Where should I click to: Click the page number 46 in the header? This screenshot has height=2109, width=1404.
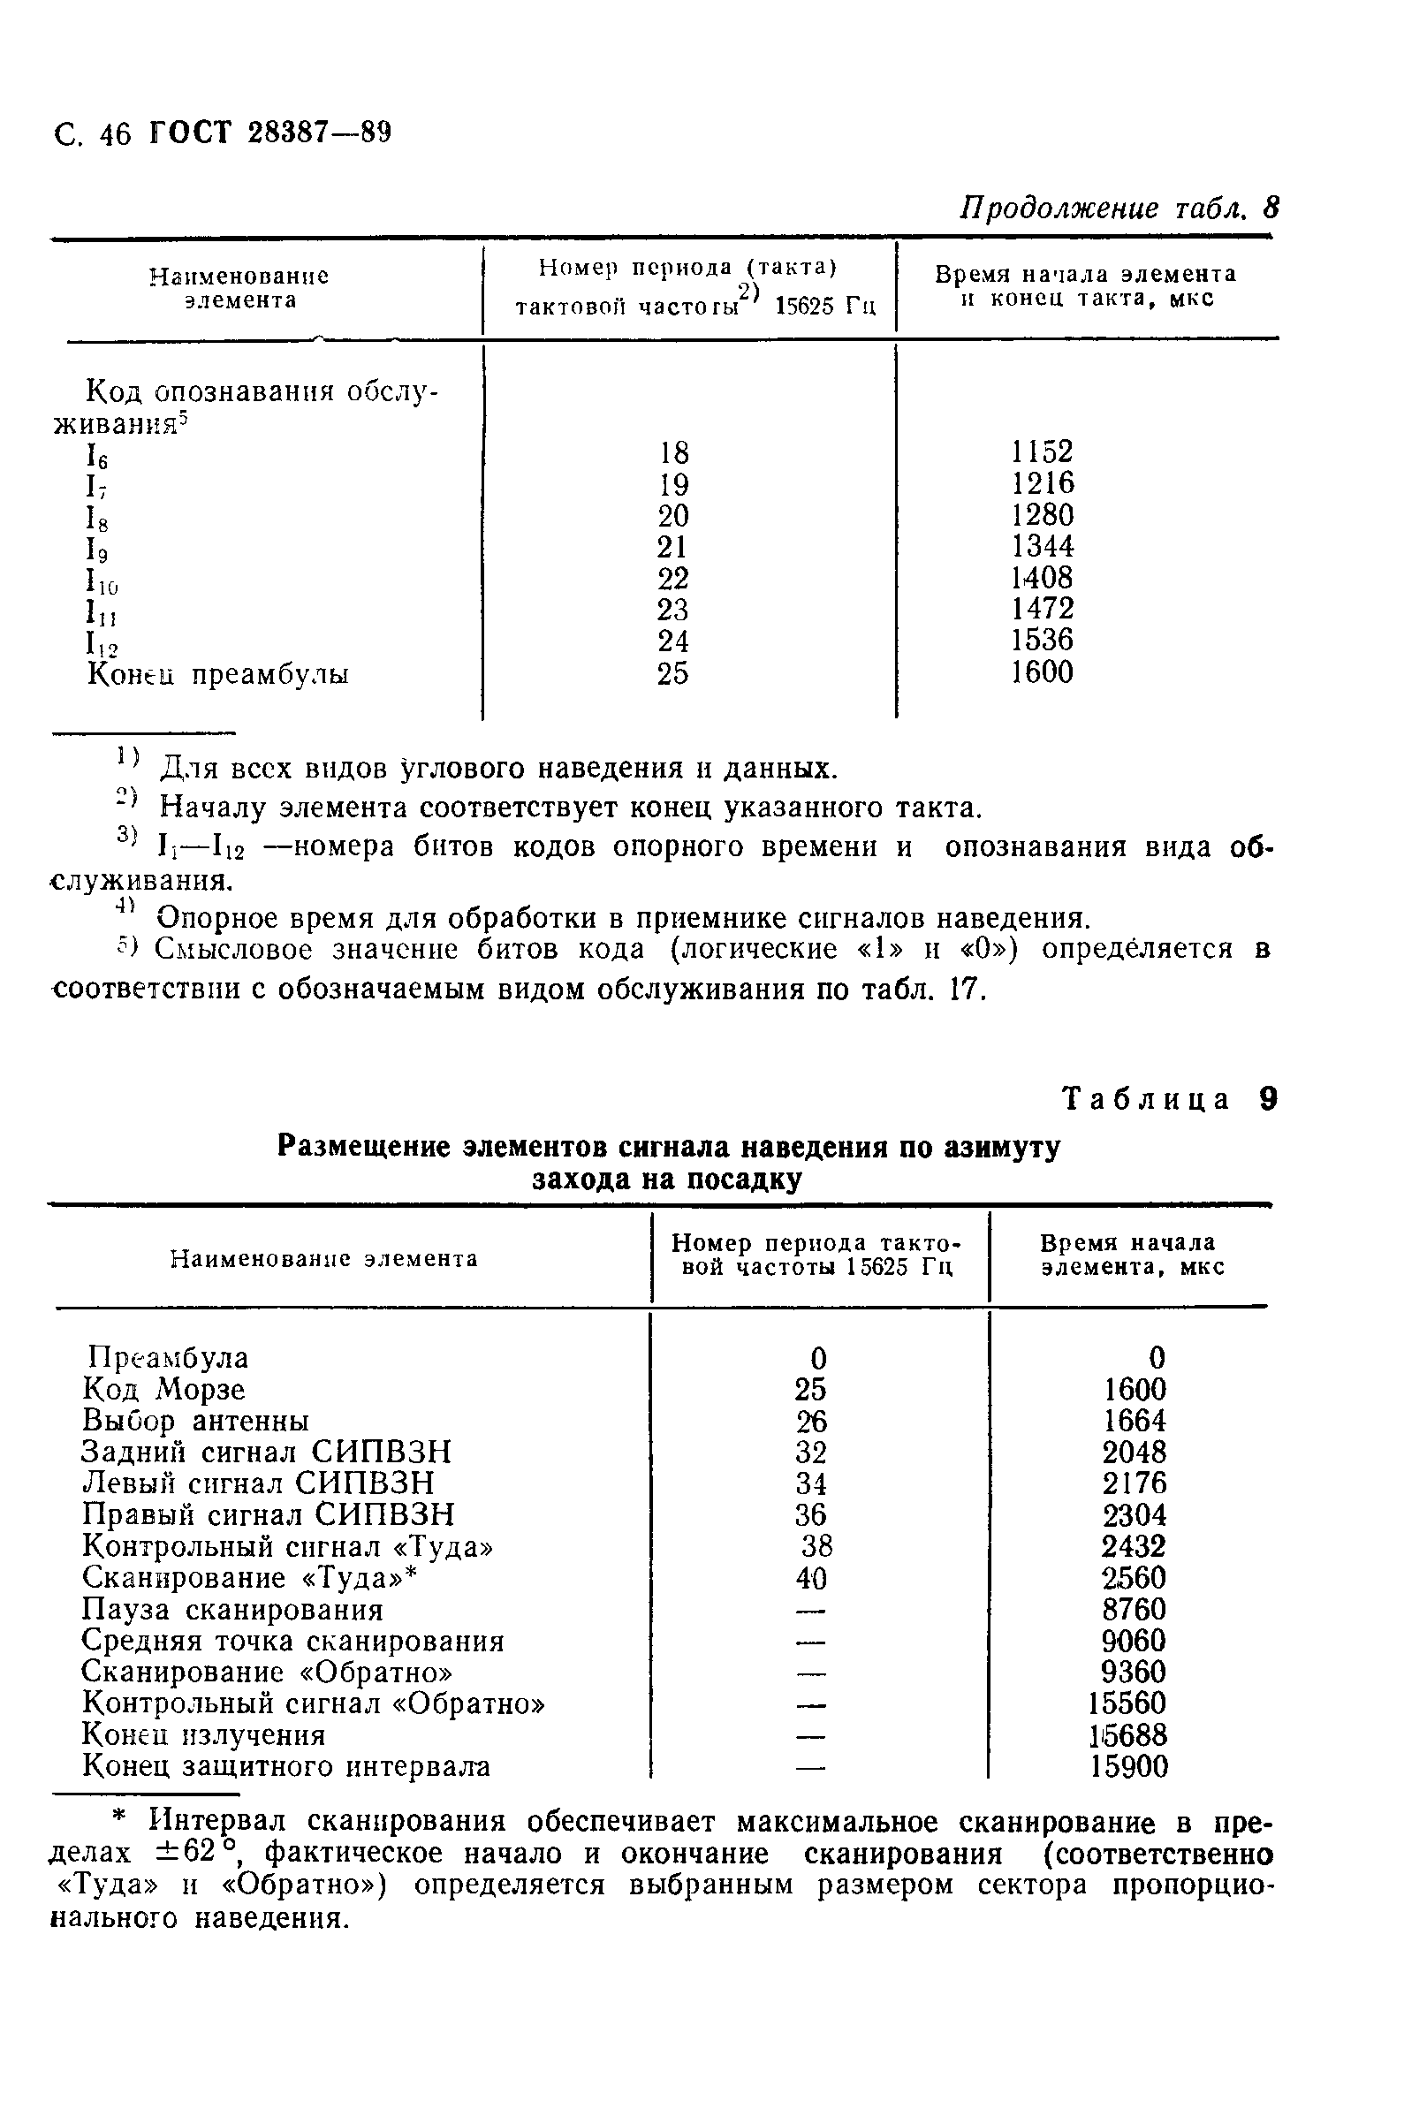click(x=116, y=134)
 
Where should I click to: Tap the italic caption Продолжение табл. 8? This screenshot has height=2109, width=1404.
click(x=1119, y=209)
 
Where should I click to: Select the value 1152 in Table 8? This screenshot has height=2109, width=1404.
click(x=1043, y=451)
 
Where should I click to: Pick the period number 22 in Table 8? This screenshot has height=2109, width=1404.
click(x=672, y=578)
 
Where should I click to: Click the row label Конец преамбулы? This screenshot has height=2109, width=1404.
click(x=217, y=674)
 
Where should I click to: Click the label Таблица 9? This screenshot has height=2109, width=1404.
click(x=1168, y=1098)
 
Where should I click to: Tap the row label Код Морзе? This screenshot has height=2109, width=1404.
click(x=163, y=1389)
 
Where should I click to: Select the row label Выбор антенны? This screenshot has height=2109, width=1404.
click(x=195, y=1421)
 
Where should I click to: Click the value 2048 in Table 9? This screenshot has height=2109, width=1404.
click(x=1134, y=1452)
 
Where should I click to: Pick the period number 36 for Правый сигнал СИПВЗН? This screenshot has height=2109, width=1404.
click(x=810, y=1514)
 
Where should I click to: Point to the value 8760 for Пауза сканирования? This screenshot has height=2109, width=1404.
click(x=1134, y=1610)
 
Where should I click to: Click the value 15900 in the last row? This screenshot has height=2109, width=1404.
click(x=1129, y=1767)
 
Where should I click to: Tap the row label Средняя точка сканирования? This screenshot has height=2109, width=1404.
click(x=292, y=1641)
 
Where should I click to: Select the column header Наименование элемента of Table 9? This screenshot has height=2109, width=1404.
click(x=324, y=1258)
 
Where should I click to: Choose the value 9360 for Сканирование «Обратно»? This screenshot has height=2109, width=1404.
click(x=1134, y=1673)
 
